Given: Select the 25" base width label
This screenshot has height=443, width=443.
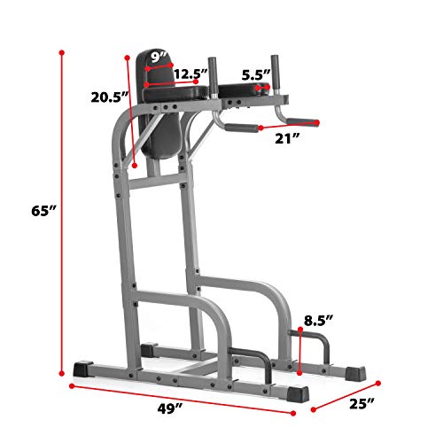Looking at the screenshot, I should tap(361, 405).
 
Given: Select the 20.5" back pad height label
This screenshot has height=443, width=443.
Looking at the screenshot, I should tap(109, 97).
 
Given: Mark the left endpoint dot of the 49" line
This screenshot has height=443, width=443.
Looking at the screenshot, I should tap(71, 386).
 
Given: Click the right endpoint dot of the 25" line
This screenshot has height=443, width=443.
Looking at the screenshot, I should tap(379, 385).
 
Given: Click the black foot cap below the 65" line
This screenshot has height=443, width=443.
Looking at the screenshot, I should tap(87, 367).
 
